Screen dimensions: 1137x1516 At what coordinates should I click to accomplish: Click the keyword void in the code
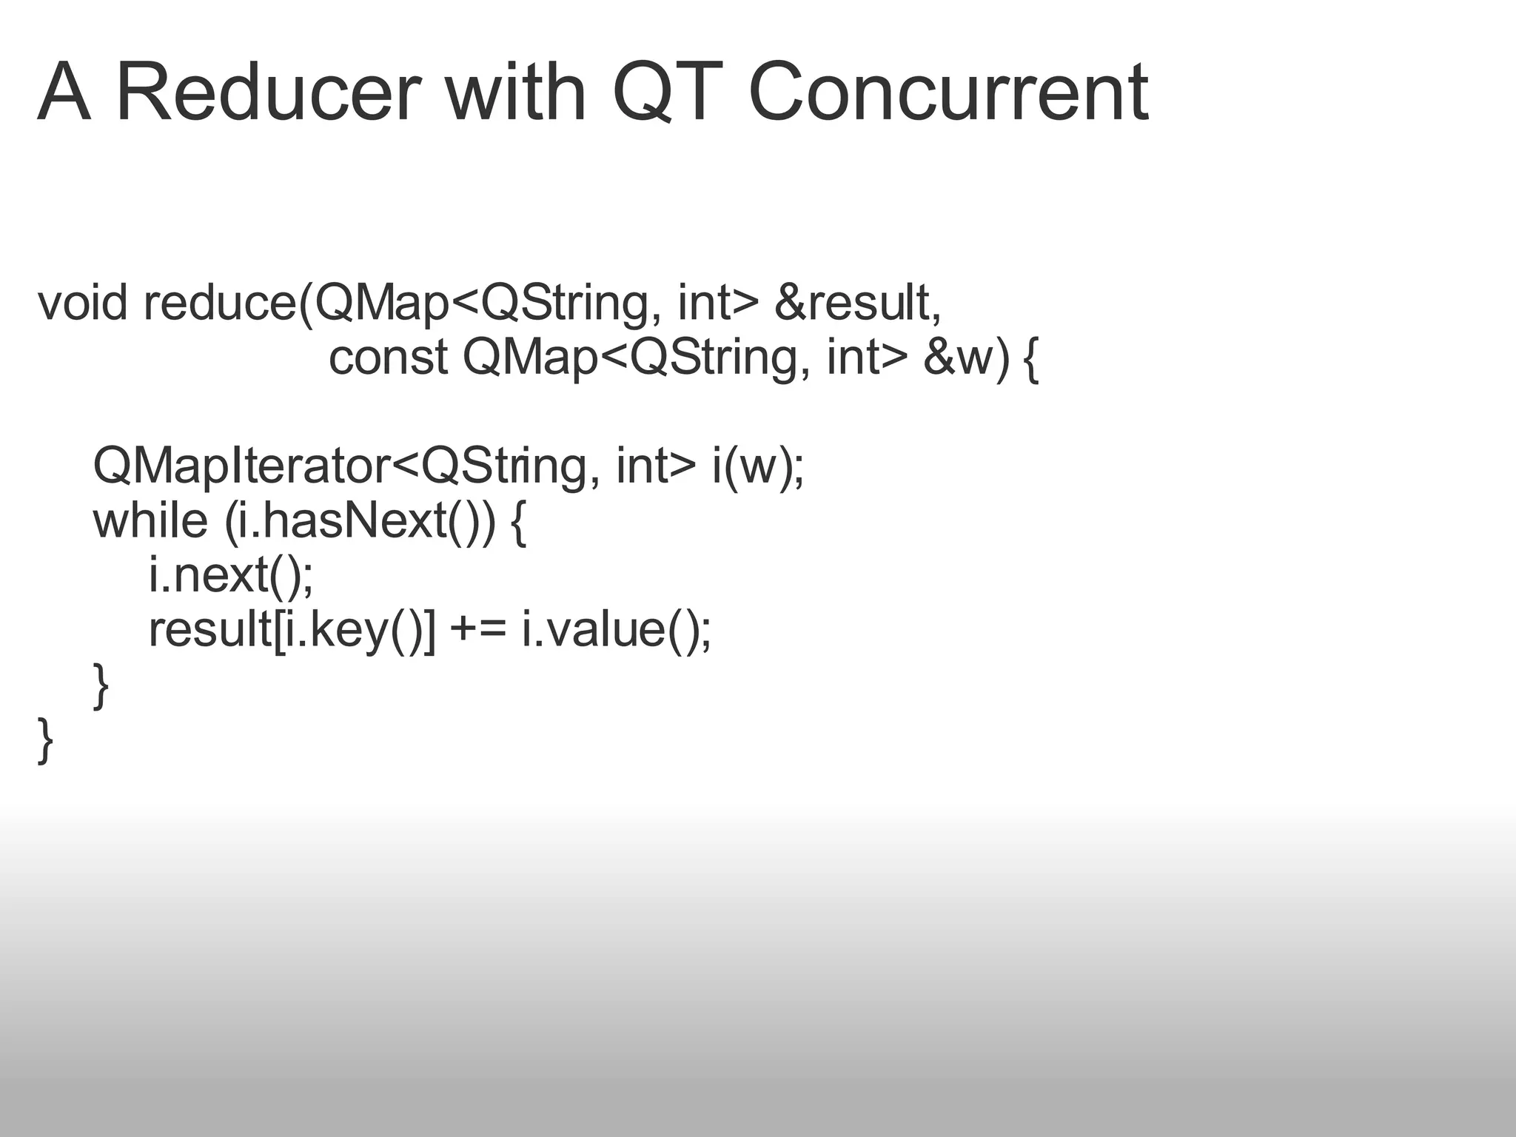[x=82, y=303]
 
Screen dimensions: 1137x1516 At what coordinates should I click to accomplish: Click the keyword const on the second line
[x=388, y=358]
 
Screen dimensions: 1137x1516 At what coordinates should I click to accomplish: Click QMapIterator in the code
[x=241, y=466]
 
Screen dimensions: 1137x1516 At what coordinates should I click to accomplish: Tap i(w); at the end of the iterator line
[x=757, y=466]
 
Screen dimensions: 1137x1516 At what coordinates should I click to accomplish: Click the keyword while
[x=150, y=520]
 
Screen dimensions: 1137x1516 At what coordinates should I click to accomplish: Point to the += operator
[x=477, y=630]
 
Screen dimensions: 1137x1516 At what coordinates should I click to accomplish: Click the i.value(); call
[x=616, y=630]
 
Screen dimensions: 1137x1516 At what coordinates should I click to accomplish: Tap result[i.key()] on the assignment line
[x=292, y=630]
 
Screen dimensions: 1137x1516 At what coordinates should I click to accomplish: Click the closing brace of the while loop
[x=101, y=685]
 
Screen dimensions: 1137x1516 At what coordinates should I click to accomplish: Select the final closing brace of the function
[x=45, y=739]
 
